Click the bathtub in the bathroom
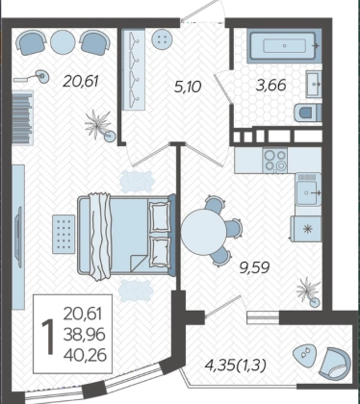[x=284, y=46]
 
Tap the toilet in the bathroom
[x=307, y=113]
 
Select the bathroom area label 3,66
[x=271, y=86]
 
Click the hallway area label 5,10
[x=188, y=87]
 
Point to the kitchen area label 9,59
[x=255, y=267]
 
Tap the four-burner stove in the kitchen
[x=275, y=161]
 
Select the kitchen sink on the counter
[x=308, y=192]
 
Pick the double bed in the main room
[x=126, y=236]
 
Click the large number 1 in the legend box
[x=49, y=337]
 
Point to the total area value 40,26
[x=85, y=355]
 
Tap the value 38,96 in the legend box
[x=85, y=335]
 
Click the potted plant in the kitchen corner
[x=309, y=292]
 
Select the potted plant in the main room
[x=100, y=126]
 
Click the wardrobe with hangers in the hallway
[x=134, y=69]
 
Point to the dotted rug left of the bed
[x=64, y=234]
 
